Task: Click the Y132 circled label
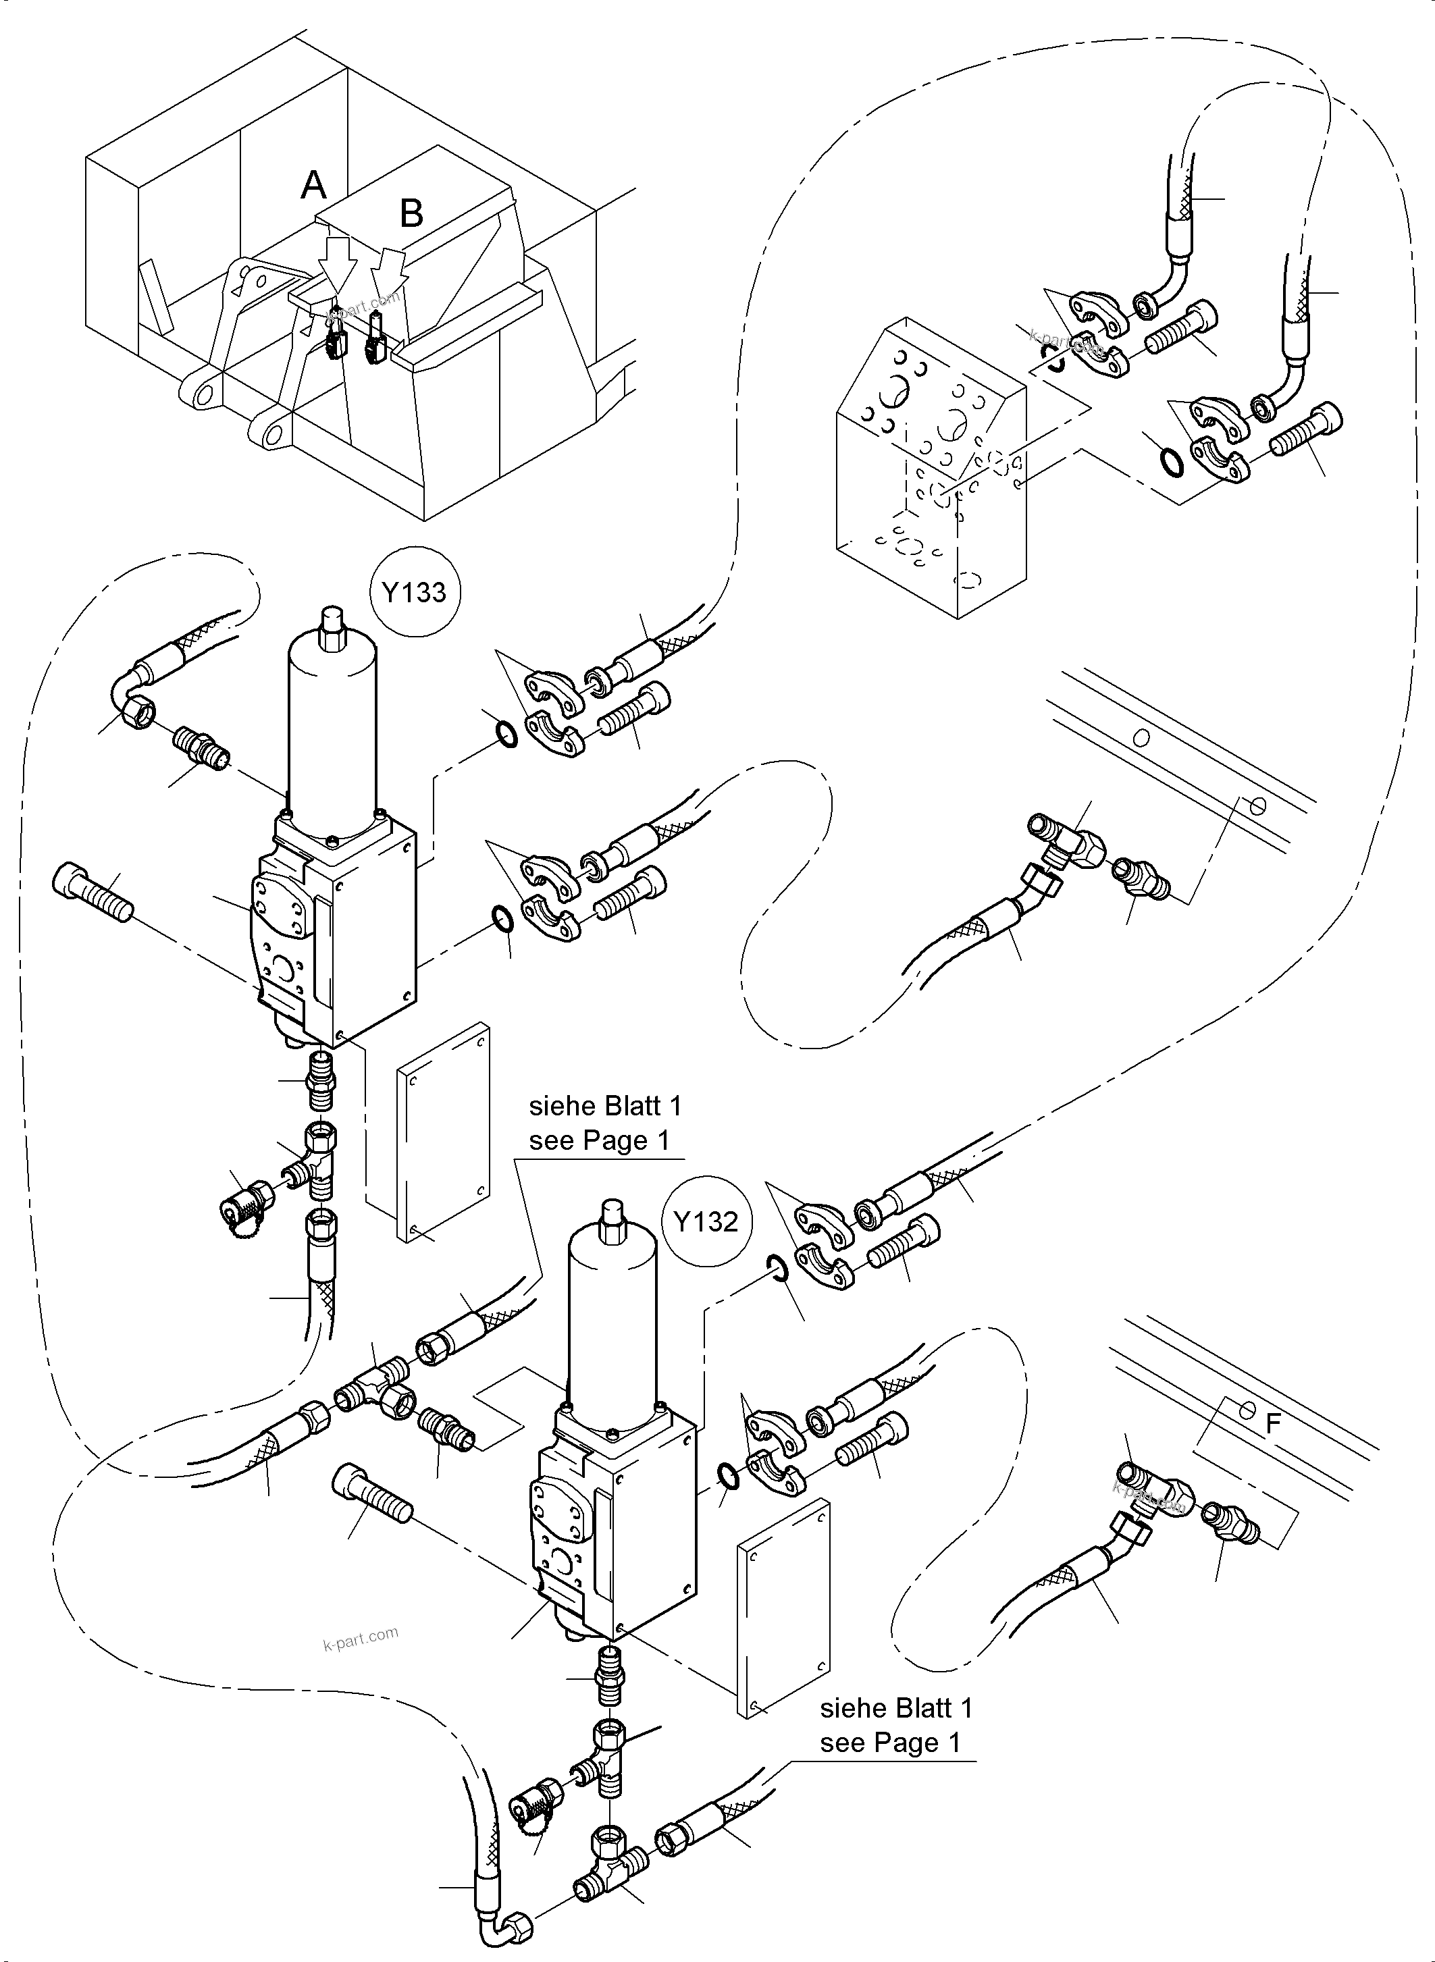point(705,1222)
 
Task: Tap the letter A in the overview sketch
point(313,185)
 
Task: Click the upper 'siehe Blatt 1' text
point(606,1107)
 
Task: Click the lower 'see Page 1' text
point(890,1743)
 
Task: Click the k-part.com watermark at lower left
point(361,1638)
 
